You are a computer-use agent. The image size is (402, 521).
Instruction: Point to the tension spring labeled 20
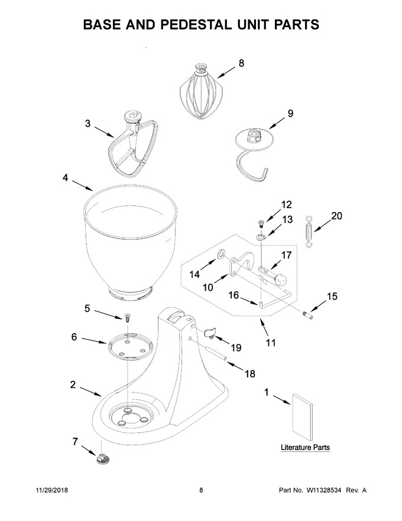click(x=309, y=231)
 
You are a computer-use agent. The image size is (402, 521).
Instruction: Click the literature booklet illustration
click(x=302, y=417)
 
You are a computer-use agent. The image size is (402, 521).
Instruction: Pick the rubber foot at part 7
click(x=103, y=458)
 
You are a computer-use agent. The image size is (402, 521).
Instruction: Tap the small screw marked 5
click(x=127, y=318)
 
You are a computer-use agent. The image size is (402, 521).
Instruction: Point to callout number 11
click(x=271, y=343)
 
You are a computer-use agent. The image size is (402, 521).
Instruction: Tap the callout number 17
click(x=286, y=255)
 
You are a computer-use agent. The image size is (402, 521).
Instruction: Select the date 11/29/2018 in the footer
click(x=51, y=490)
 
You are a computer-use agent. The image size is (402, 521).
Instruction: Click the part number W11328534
click(x=324, y=490)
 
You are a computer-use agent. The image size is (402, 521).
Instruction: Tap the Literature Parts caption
click(x=305, y=447)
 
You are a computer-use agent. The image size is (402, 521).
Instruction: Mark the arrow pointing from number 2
click(x=91, y=391)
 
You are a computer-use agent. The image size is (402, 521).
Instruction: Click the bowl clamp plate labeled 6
click(x=129, y=346)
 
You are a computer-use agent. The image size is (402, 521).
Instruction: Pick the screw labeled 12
click(x=260, y=222)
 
